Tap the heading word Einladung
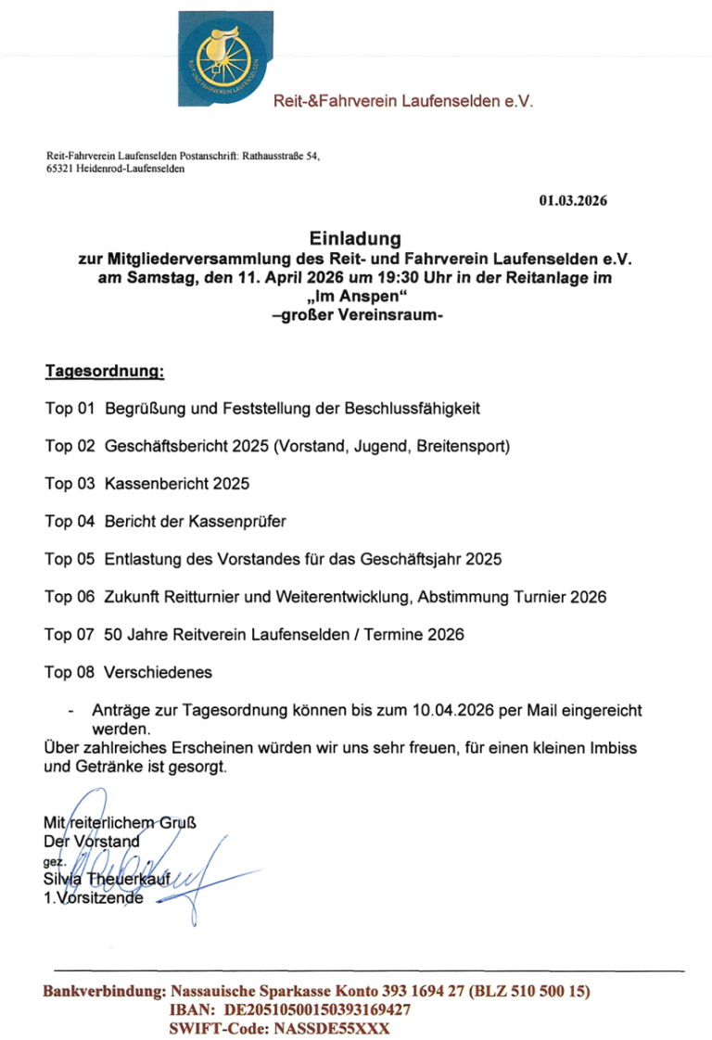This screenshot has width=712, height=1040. pyautogui.click(x=356, y=239)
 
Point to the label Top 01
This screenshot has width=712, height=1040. pyautogui.click(x=70, y=408)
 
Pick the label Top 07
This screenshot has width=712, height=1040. pyautogui.click(x=70, y=635)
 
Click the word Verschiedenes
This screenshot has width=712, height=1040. pyautogui.click(x=159, y=672)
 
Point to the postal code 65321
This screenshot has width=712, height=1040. pyautogui.click(x=60, y=171)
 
